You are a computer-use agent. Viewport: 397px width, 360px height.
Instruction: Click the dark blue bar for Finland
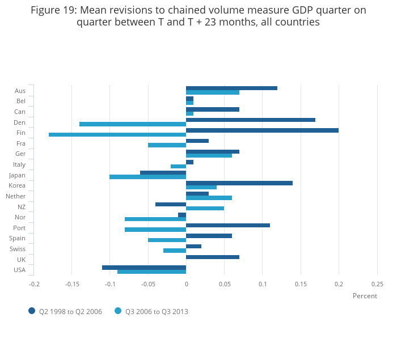pyautogui.click(x=262, y=130)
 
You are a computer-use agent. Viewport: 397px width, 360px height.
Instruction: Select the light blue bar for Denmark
pyautogui.click(x=133, y=124)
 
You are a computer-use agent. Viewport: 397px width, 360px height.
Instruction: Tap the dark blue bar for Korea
pyautogui.click(x=239, y=183)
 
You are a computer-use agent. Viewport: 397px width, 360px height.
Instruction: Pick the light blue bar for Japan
pyautogui.click(x=147, y=177)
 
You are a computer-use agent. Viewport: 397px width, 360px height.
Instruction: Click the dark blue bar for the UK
pyautogui.click(x=213, y=257)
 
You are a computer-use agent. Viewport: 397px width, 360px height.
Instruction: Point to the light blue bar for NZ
pyautogui.click(x=205, y=208)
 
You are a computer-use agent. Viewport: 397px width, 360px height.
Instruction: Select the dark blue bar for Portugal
pyautogui.click(x=228, y=225)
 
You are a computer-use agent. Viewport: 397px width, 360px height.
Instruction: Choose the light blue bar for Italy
pyautogui.click(x=178, y=166)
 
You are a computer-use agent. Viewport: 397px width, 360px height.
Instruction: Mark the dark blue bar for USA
pyautogui.click(x=144, y=268)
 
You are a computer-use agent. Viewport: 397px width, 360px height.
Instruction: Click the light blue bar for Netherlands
pyautogui.click(x=209, y=198)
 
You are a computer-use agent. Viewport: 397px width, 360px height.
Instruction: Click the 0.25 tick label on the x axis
pyautogui.click(x=377, y=284)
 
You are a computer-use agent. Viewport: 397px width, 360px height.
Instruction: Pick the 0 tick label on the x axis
pyautogui.click(x=186, y=284)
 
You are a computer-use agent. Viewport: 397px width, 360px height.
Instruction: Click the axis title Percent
pyautogui.click(x=365, y=296)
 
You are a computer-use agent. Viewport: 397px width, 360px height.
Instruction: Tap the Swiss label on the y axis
pyautogui.click(x=18, y=249)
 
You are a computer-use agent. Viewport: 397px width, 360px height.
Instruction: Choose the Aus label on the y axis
pyautogui.click(x=20, y=91)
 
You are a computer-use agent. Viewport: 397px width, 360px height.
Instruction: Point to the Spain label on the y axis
pyautogui.click(x=17, y=238)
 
